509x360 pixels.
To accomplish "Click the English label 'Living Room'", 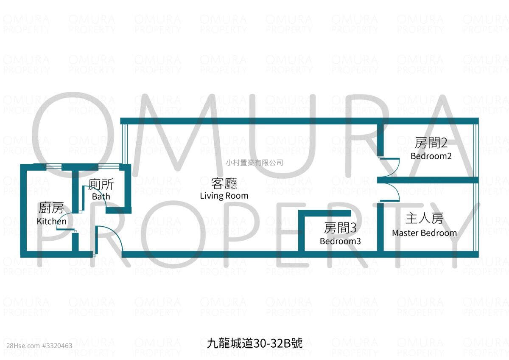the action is [224, 196].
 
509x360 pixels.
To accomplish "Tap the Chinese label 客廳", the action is [224, 183].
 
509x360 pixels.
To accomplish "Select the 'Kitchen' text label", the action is [52, 221].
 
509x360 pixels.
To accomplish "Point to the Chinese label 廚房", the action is [51, 208].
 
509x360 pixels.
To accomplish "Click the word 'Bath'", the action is [101, 196].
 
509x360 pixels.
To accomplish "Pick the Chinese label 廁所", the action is [101, 184].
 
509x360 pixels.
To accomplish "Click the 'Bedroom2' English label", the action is [431, 156].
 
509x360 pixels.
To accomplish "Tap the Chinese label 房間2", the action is [431, 143].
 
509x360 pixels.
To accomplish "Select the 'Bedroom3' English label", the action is [340, 241].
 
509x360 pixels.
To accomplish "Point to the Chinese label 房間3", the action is [340, 228].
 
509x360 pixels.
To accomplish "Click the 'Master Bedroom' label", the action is [425, 233].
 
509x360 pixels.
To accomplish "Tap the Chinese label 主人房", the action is [425, 219].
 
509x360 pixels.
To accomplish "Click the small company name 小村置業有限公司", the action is [255, 163].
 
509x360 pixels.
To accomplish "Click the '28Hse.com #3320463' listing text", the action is [39, 346].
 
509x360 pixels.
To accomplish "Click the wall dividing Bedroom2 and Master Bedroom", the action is [428, 180].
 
